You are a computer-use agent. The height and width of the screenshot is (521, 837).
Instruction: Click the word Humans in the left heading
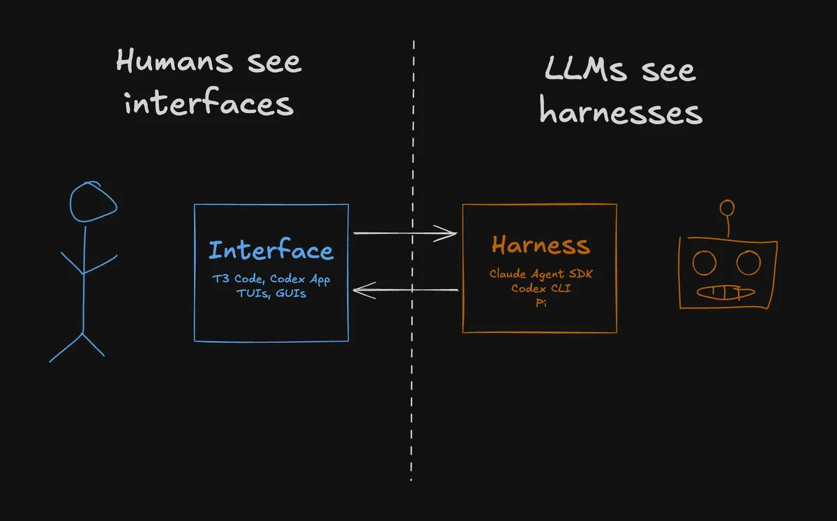(174, 61)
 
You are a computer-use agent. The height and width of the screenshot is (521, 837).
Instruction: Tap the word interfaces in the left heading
(209, 101)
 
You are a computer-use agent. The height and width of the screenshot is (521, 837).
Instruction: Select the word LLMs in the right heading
(585, 68)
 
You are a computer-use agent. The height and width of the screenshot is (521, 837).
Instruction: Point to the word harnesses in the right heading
(621, 110)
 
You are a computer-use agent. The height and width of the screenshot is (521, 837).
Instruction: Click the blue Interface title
(271, 249)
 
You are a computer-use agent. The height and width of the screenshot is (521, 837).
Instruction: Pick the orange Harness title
(541, 245)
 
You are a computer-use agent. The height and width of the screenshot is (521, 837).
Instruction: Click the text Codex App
(300, 279)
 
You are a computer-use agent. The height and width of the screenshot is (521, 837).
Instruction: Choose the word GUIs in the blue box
(291, 293)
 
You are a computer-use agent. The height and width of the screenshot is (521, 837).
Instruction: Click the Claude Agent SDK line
(541, 274)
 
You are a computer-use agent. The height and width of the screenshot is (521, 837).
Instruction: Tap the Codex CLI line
(541, 288)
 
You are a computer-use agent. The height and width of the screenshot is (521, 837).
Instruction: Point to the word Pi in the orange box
(541, 302)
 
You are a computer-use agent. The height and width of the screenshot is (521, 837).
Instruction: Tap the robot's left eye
(704, 263)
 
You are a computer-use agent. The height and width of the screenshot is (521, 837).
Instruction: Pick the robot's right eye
(748, 263)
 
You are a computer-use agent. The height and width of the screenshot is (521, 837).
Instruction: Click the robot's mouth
(725, 293)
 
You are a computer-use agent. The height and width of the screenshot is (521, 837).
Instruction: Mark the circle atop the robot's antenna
(727, 208)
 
